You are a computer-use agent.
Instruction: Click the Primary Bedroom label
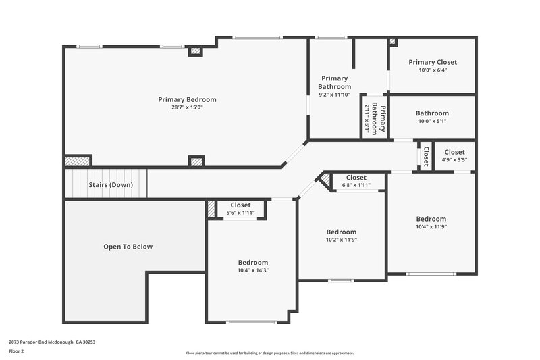(187, 99)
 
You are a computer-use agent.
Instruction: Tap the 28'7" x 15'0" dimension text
(187, 107)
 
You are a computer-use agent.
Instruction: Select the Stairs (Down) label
(111, 184)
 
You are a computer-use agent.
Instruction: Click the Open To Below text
(128, 247)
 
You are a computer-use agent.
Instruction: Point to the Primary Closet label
(433, 62)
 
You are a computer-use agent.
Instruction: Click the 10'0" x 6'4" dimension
(433, 70)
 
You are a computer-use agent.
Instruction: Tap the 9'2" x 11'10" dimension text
(335, 95)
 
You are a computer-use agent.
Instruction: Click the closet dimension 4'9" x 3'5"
(454, 160)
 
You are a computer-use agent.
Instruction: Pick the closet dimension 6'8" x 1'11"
(356, 185)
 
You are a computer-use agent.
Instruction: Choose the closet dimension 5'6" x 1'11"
(240, 213)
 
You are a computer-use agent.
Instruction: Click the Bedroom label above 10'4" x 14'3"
(252, 263)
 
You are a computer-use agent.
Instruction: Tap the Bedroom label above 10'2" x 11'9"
(341, 232)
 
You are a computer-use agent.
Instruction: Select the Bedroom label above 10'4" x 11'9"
(431, 219)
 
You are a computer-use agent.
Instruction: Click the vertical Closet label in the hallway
(426, 156)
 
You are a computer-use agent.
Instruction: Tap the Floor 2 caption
(17, 351)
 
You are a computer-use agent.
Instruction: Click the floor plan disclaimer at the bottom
(270, 353)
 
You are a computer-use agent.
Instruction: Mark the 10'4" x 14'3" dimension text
(252, 271)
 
